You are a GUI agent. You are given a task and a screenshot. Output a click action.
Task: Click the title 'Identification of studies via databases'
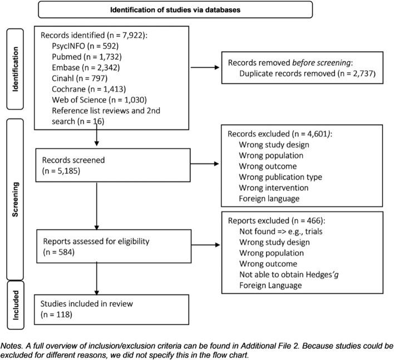(175, 9)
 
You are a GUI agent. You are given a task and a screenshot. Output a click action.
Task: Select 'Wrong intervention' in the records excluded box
(273, 188)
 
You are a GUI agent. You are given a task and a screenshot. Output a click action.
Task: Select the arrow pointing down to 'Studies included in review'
(98, 282)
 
